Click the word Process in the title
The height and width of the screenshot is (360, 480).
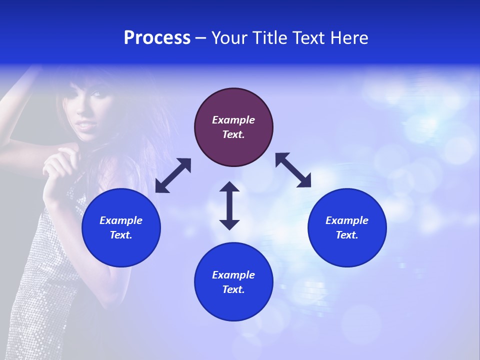[157, 38]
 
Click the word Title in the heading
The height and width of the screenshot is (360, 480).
[269, 38]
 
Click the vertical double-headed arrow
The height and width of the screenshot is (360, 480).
[229, 205]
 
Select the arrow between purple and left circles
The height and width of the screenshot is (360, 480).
[173, 175]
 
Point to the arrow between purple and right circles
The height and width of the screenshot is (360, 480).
[293, 170]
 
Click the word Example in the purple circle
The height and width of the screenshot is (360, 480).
[233, 120]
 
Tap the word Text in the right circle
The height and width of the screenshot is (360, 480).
[347, 235]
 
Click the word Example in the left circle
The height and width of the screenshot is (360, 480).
[121, 220]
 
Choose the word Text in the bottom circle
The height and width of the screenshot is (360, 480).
[233, 289]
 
